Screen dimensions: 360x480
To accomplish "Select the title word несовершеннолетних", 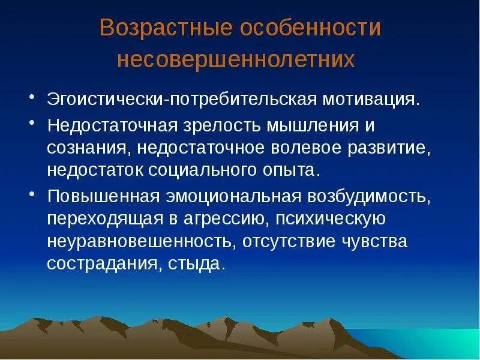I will pyautogui.click(x=236, y=60).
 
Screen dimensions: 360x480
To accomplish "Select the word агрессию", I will pyautogui.click(x=229, y=220).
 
